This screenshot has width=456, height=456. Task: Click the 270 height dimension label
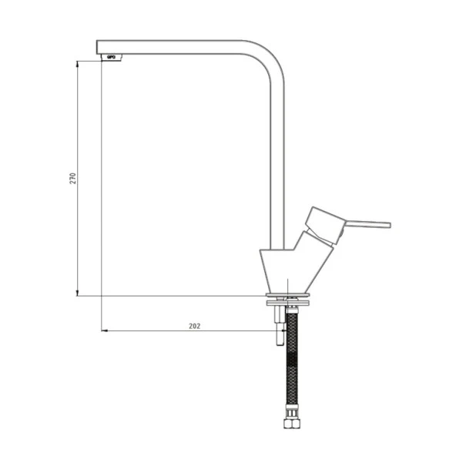point(73,178)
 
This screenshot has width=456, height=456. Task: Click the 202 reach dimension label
point(195,327)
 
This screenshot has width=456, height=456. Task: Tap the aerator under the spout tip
point(112,57)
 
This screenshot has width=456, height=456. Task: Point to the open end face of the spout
point(97,47)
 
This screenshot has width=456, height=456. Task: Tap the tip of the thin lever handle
point(390,225)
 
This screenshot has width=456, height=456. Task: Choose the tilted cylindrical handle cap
point(325,225)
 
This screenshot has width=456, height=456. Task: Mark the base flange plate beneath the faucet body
point(287,295)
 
